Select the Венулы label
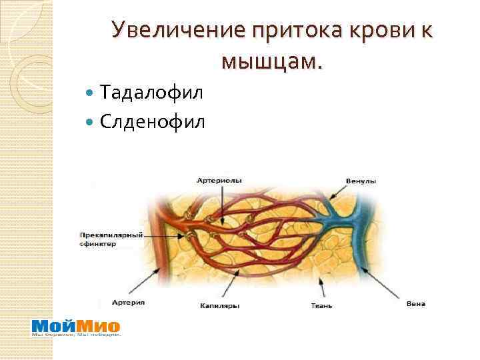tap(361, 181)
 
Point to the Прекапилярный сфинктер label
tap(107, 239)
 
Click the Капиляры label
tap(219, 306)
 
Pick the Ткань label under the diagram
tap(321, 306)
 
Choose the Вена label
tap(415, 304)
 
